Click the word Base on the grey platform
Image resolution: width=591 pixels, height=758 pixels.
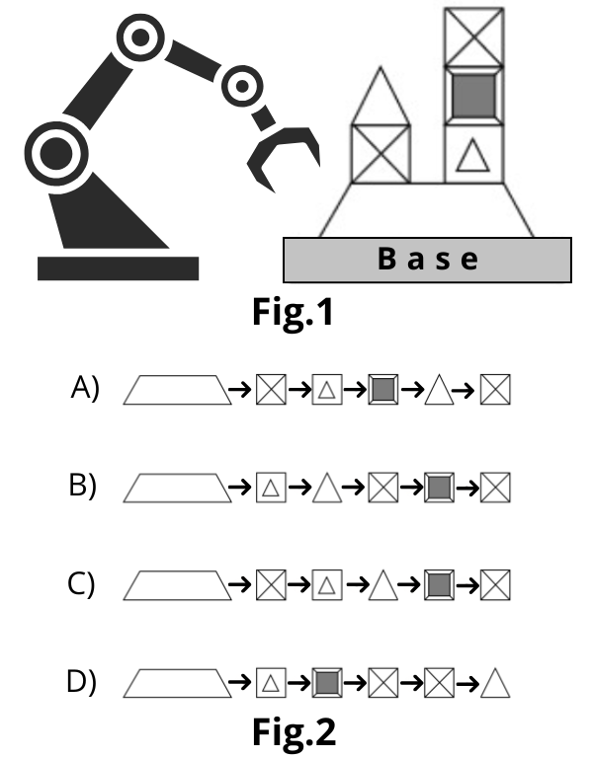(428, 259)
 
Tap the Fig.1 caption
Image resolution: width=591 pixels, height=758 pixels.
(294, 312)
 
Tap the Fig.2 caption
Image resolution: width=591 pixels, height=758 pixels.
(294, 732)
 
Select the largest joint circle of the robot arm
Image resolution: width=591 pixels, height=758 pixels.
(56, 153)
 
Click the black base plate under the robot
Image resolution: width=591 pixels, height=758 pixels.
(119, 268)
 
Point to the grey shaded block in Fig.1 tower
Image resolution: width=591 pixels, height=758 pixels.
(473, 96)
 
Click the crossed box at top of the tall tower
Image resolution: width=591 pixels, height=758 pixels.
(473, 37)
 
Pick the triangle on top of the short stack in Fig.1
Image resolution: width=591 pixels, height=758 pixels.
(380, 97)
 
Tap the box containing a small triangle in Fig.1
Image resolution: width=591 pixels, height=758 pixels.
(473, 154)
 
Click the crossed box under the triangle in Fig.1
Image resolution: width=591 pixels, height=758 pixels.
(380, 154)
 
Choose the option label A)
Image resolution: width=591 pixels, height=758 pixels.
(85, 388)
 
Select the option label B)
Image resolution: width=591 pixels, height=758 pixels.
(83, 486)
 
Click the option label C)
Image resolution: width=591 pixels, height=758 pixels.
(81, 584)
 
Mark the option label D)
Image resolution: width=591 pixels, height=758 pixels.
(81, 682)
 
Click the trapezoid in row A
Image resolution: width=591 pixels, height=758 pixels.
(177, 390)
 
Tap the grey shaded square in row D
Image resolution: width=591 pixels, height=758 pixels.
(327, 683)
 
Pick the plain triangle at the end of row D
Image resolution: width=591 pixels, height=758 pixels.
(495, 683)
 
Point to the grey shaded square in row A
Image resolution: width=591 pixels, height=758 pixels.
(383, 389)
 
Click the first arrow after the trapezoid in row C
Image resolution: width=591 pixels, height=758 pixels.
(239, 584)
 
